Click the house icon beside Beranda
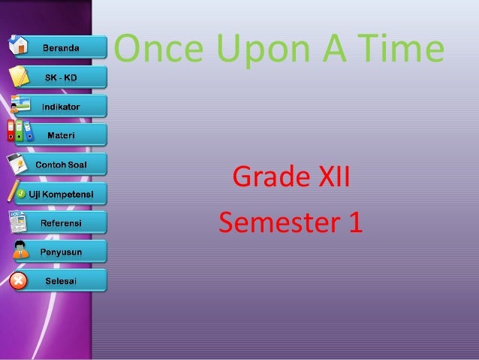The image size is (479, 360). [x=20, y=45]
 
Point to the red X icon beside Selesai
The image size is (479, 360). [x=18, y=281]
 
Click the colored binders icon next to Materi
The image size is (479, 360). [x=19, y=132]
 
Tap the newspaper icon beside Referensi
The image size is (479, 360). [x=18, y=222]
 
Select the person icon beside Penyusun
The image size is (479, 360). [x=20, y=250]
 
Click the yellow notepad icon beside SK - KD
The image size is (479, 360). [x=20, y=76]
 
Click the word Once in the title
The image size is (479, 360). [x=160, y=50]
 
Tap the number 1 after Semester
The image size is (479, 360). [x=353, y=222]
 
